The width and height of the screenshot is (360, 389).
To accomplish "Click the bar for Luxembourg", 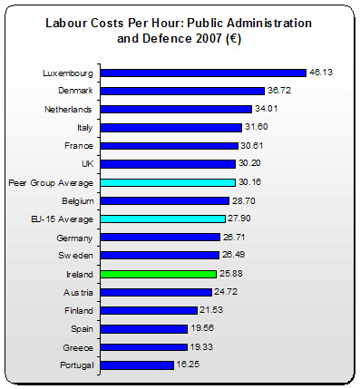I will (203, 73).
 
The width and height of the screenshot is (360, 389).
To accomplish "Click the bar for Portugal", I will (137, 365).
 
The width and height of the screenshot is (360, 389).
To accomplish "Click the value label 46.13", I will (321, 73).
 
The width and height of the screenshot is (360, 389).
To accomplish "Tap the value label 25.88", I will (230, 273).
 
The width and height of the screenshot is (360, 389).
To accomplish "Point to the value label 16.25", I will (188, 365).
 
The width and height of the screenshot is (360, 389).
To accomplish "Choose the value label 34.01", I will (267, 109).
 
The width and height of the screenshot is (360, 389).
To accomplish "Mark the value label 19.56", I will (199, 328).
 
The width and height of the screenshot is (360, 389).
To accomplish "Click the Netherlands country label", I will (70, 109).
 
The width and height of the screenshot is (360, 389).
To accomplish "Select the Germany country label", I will (75, 237).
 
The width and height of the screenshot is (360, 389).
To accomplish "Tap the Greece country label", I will (78, 346).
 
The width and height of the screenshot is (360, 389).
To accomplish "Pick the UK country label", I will (87, 164).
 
